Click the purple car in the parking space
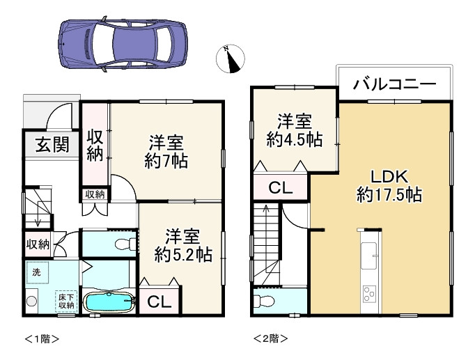[123, 44]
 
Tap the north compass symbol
[231, 59]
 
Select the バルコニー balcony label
[395, 83]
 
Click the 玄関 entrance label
[52, 144]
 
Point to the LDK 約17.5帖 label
[389, 186]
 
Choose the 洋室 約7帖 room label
[166, 152]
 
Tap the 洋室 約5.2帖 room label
[183, 246]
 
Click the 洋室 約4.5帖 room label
[295, 131]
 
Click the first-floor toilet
[126, 244]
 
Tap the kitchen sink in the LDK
[369, 256]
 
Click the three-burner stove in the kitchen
[369, 293]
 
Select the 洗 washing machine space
[37, 272]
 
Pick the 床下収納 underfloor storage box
[66, 302]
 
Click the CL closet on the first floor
[159, 302]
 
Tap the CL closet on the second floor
[281, 188]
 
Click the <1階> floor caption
[42, 338]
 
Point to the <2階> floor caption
[270, 338]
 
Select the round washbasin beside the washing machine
[31, 301]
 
